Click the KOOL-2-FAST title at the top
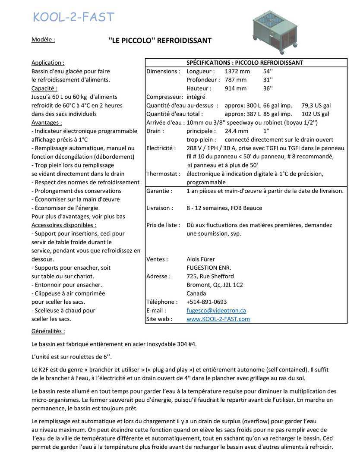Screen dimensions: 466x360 (74, 17)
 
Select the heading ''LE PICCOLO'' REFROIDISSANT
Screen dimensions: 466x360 (160, 41)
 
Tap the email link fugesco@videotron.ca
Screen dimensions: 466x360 (216, 310)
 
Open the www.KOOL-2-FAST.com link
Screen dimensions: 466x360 (218, 319)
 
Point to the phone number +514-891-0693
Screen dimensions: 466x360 (206, 302)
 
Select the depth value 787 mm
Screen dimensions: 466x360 (236, 80)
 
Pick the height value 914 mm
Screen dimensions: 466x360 (236, 88)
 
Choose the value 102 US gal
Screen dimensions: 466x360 (315, 114)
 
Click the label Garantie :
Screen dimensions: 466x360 (159, 191)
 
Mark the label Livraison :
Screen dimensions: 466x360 (160, 208)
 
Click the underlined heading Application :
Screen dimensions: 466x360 (48, 63)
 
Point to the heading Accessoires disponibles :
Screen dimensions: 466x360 (64, 225)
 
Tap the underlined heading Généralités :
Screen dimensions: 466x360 (48, 331)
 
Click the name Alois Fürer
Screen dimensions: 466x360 (200, 259)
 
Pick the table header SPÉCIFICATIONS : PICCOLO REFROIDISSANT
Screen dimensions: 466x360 (244, 63)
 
